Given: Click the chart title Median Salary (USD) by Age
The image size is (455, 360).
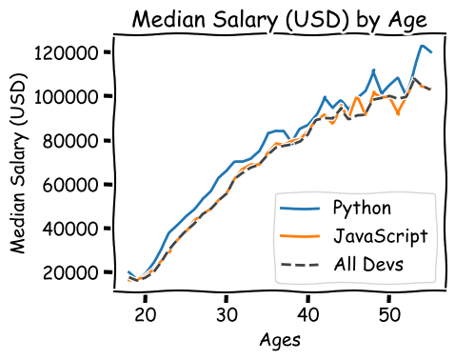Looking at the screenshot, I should pyautogui.click(x=279, y=19).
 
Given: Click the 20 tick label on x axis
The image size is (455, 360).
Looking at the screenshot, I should pyautogui.click(x=145, y=313).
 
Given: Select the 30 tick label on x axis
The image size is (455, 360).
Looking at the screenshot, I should pyautogui.click(x=226, y=313).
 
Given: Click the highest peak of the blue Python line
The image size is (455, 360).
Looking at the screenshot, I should pyautogui.click(x=422, y=46).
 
